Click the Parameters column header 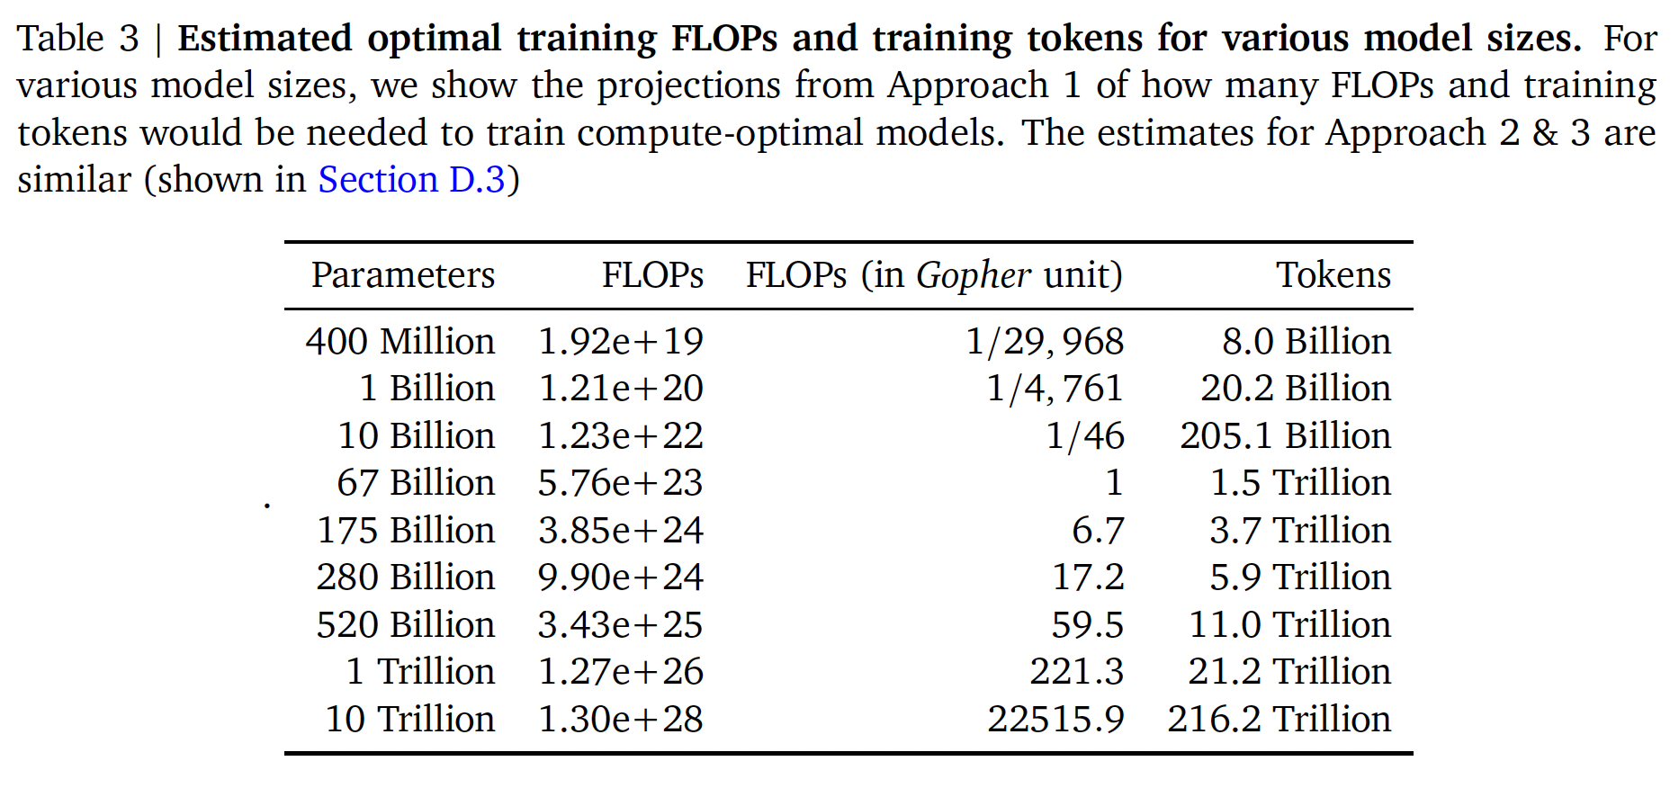[x=403, y=275]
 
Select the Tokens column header [x=1333, y=275]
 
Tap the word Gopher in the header [x=974, y=275]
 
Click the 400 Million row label [x=400, y=342]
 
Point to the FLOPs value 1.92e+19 [x=621, y=342]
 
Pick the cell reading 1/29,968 [x=1045, y=342]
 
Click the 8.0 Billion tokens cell [x=1306, y=342]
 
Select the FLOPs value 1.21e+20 [x=621, y=389]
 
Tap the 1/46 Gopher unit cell [x=1085, y=436]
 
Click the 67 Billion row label [x=416, y=483]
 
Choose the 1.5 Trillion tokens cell [x=1300, y=483]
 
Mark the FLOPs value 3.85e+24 [x=621, y=531]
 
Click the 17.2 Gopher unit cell [x=1089, y=578]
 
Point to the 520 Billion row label [x=406, y=625]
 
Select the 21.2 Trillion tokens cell [x=1289, y=672]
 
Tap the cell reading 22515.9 [x=1056, y=720]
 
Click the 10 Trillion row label [x=410, y=720]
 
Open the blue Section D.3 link [x=412, y=180]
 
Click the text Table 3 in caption [x=78, y=39]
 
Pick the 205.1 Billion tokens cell [x=1286, y=436]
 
